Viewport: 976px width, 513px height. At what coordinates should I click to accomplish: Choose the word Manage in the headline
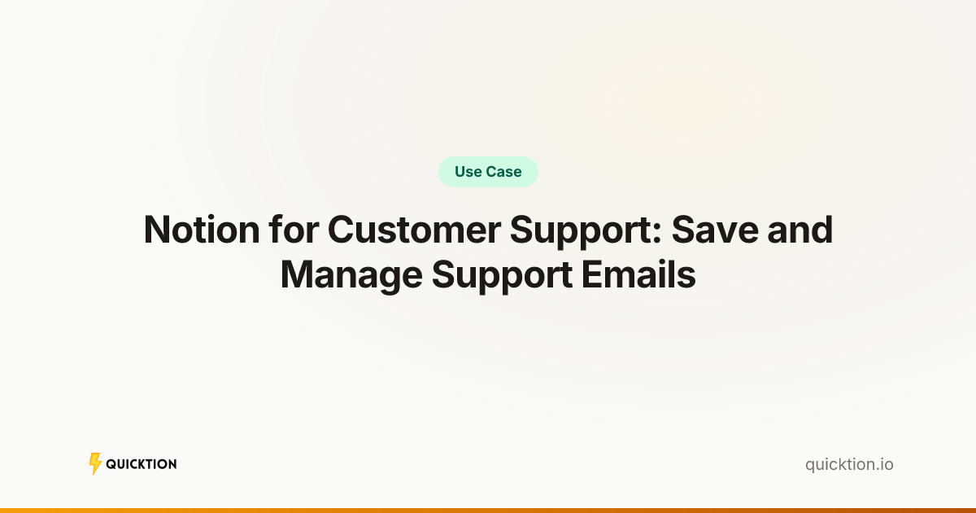pos(351,276)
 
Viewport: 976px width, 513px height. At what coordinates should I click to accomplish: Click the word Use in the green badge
pos(468,172)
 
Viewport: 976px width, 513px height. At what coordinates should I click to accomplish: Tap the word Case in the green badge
pos(504,172)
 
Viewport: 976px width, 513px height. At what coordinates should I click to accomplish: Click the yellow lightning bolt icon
pos(95,463)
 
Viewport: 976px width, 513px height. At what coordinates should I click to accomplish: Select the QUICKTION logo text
pos(142,464)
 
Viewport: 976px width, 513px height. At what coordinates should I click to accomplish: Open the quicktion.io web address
pos(849,464)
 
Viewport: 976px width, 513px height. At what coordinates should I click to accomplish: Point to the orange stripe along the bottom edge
pos(488,510)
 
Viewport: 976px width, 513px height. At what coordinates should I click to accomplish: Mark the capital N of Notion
pos(157,230)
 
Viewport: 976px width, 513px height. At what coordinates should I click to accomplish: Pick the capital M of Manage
pos(298,275)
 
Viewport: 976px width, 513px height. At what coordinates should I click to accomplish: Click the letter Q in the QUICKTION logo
pos(111,464)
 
